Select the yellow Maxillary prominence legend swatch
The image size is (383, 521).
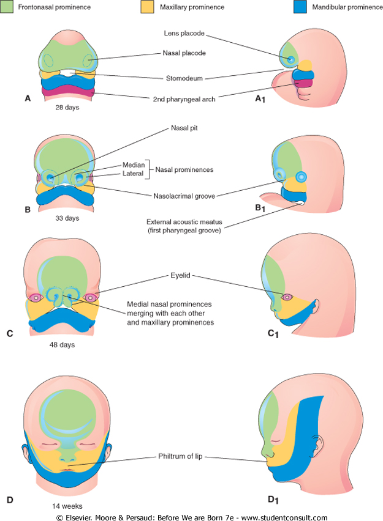[146, 7]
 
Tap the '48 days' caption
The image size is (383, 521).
[63, 343]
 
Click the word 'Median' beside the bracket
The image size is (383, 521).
[134, 164]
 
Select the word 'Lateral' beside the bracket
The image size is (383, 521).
[134, 174]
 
